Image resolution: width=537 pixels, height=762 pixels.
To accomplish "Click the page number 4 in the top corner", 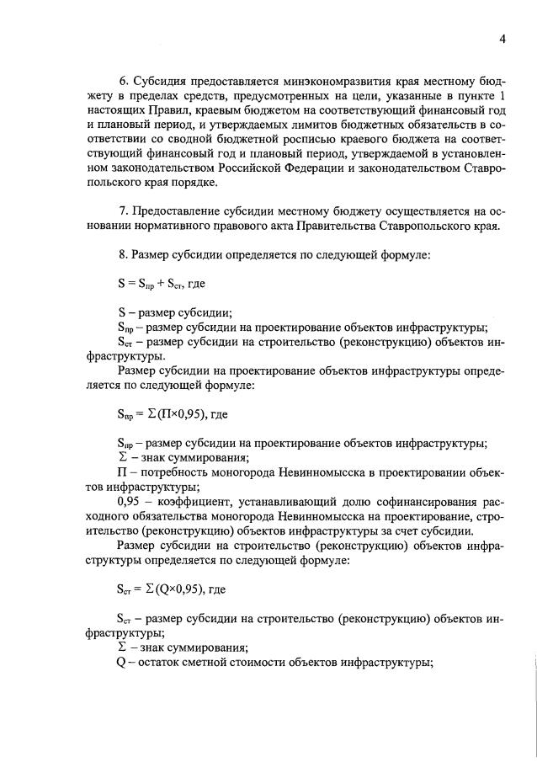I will pyautogui.click(x=502, y=39).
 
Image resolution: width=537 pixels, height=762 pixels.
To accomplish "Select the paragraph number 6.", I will pyautogui.click(x=122, y=81).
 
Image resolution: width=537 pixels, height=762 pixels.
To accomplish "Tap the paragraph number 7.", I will pyautogui.click(x=122, y=208).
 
